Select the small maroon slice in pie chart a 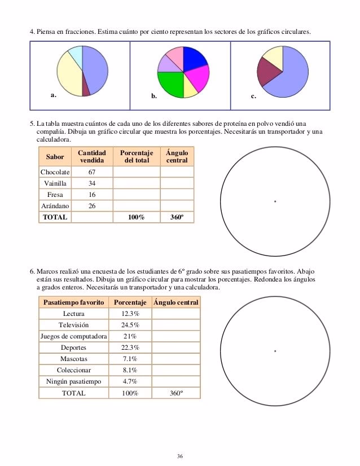click(x=85, y=86)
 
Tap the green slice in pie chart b click(x=169, y=83)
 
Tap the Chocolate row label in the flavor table click(x=55, y=172)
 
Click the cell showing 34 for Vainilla click(x=92, y=183)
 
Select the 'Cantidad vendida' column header click(x=92, y=157)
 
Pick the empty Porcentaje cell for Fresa click(x=136, y=195)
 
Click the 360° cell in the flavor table click(x=177, y=217)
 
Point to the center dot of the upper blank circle click(x=275, y=201)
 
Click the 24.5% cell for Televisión click(x=131, y=325)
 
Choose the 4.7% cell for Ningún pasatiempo click(x=131, y=381)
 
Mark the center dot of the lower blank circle click(x=275, y=351)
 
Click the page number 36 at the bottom click(x=180, y=455)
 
